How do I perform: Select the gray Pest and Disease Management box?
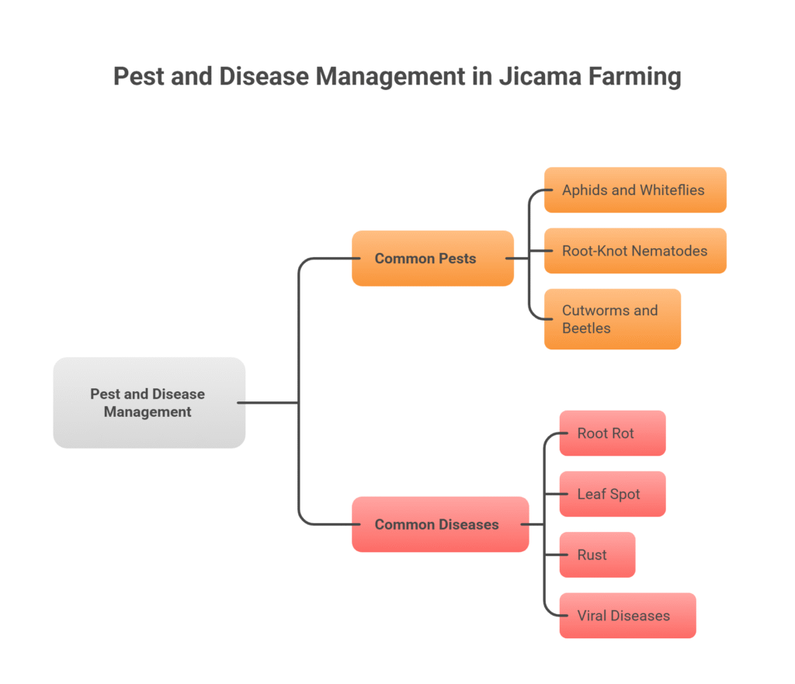[149, 402]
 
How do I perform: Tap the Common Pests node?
[432, 259]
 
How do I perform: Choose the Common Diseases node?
[439, 525]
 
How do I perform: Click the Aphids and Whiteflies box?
[634, 190]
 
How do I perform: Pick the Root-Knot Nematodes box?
[634, 251]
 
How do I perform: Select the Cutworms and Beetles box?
[612, 319]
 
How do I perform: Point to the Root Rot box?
[612, 433]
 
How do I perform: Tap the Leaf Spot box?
[612, 494]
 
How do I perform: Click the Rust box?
[596, 555]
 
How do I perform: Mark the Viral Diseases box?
[627, 616]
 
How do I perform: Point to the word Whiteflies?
[672, 190]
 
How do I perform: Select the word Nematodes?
[668, 251]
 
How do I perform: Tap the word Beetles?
[586, 328]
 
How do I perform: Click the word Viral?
[593, 616]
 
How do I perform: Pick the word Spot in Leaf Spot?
[625, 494]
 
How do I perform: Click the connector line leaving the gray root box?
[268, 402]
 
